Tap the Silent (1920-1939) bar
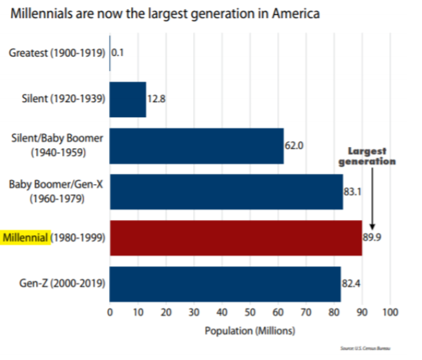[x=128, y=99]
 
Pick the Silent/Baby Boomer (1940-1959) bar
[x=197, y=145]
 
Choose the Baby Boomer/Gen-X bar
[x=226, y=191]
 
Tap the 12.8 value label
[x=156, y=99]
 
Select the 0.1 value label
[x=118, y=52]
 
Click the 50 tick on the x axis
[x=250, y=312]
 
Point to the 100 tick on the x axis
[x=390, y=312]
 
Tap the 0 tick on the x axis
[x=110, y=312]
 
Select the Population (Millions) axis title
[x=250, y=330]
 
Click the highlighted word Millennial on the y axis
[x=26, y=237]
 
